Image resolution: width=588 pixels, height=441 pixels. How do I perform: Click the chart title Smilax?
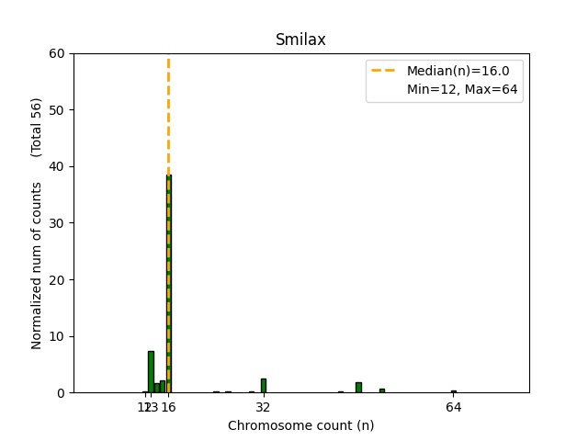(x=300, y=40)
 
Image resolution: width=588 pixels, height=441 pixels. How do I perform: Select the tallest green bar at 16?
(x=168, y=284)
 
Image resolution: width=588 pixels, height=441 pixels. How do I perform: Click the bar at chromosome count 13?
(x=151, y=372)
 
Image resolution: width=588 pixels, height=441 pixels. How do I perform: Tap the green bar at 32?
(x=264, y=386)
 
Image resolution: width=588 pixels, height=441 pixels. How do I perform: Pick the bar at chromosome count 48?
(x=358, y=388)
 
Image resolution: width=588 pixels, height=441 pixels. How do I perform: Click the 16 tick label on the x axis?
(x=169, y=407)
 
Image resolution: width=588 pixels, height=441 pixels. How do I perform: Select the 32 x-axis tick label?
(x=264, y=407)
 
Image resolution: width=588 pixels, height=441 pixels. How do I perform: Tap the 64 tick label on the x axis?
(x=453, y=407)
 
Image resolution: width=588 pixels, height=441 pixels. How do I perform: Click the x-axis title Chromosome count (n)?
(x=300, y=425)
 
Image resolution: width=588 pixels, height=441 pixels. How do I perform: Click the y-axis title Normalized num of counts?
(x=38, y=266)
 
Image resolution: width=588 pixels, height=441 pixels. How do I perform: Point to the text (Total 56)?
(x=38, y=127)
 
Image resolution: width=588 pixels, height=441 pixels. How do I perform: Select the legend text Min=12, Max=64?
(x=464, y=89)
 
